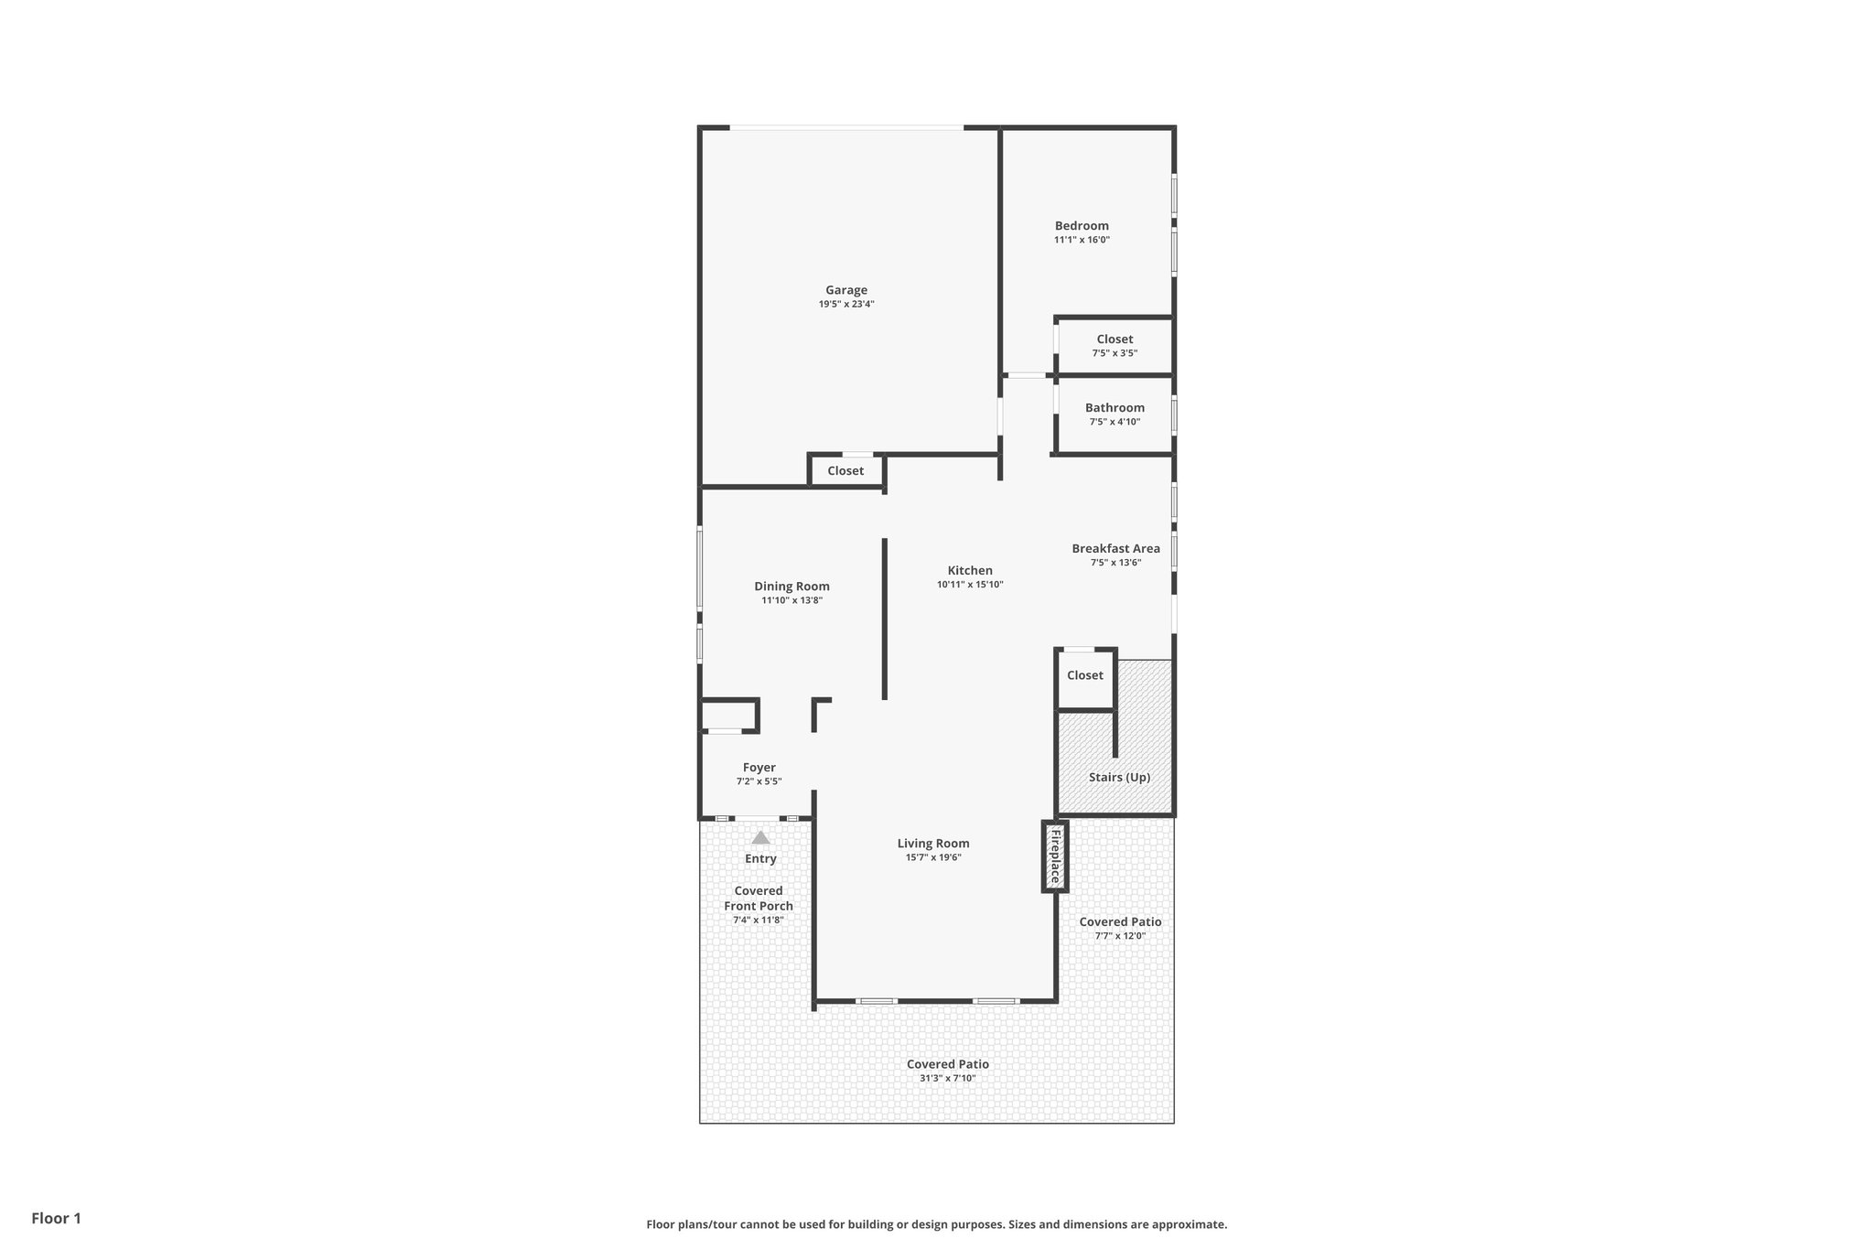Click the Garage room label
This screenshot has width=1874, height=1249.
click(845, 290)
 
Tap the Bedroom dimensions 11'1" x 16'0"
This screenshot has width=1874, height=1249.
click(1082, 240)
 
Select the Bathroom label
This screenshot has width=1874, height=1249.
click(1115, 408)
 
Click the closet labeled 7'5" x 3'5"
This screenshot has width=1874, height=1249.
click(1115, 345)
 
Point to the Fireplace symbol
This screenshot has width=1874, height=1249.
click(1055, 856)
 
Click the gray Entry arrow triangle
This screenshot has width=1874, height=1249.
click(760, 837)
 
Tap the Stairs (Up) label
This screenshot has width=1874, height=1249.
click(1119, 777)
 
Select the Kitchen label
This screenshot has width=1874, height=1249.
click(970, 570)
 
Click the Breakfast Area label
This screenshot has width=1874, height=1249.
click(1115, 548)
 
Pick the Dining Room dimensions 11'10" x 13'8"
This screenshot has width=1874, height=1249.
click(792, 600)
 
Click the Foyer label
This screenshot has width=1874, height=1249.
click(759, 768)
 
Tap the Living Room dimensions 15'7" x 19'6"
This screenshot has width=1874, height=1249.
click(932, 857)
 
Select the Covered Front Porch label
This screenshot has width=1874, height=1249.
click(759, 899)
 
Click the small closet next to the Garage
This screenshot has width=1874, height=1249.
click(845, 470)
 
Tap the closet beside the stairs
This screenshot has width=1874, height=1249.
click(1085, 675)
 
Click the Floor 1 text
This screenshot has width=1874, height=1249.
click(56, 1218)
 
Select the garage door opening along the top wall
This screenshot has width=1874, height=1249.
click(846, 128)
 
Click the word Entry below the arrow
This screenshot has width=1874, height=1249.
click(760, 858)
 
